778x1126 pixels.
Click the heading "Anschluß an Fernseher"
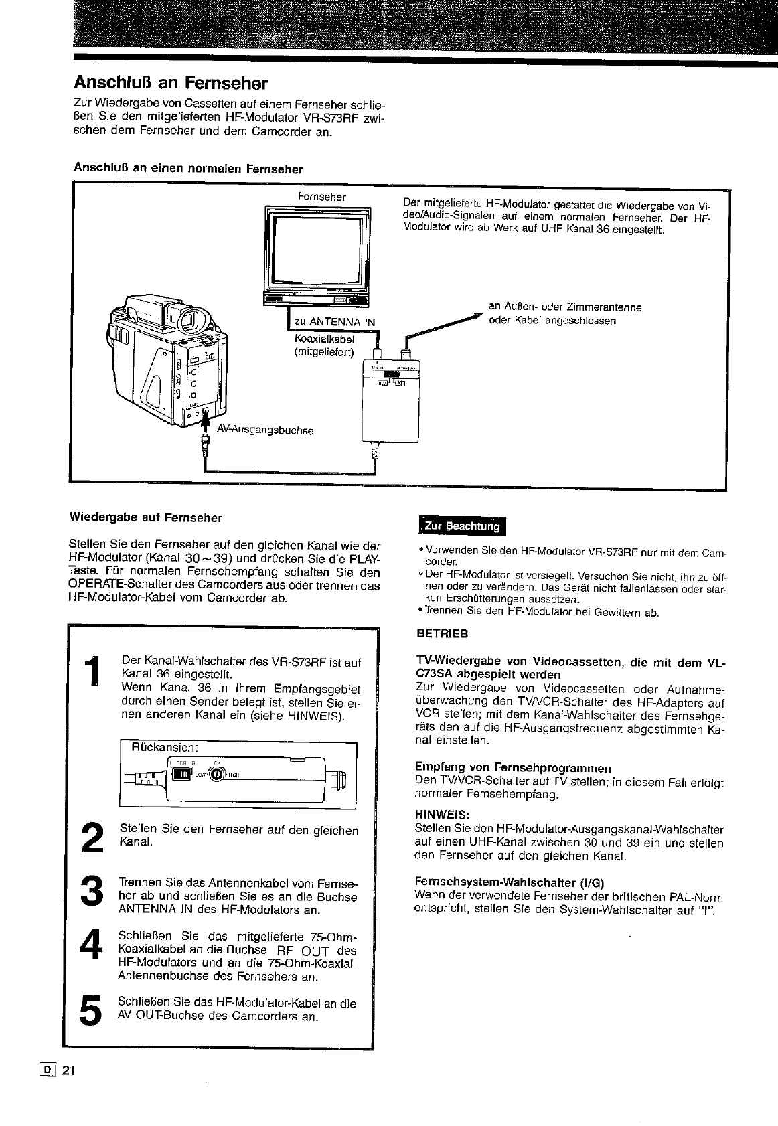[170, 84]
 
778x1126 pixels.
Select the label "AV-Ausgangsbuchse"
[266, 430]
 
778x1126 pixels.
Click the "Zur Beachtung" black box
[463, 526]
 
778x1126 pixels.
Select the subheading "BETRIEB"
[442, 633]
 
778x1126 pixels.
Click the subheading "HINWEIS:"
[442, 814]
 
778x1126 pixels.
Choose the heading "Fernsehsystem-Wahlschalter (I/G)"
[514, 882]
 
